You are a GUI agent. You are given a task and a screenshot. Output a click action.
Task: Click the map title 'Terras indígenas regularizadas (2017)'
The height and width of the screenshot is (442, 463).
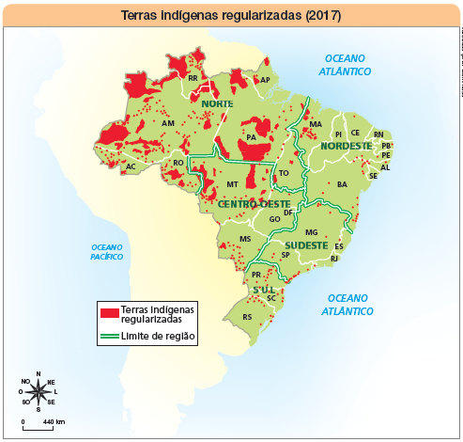tap(231, 16)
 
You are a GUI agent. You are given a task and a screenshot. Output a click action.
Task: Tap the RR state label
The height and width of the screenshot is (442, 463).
tap(193, 79)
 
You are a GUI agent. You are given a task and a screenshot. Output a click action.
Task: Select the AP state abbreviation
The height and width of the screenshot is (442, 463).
tap(265, 81)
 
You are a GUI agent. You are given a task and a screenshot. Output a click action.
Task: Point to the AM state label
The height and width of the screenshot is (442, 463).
tap(168, 123)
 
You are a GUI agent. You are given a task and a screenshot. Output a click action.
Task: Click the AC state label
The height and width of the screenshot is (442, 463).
tap(131, 166)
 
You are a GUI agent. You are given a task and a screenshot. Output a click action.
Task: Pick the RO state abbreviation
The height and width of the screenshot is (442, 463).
tap(177, 164)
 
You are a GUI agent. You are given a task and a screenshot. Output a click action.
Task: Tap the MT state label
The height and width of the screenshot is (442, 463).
tap(232, 185)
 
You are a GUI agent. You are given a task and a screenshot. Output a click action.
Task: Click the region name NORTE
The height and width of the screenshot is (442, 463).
tap(217, 103)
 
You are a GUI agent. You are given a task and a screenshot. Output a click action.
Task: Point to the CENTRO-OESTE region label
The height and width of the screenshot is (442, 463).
tap(254, 203)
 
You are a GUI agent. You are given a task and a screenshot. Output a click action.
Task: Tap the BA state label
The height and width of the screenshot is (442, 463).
tap(342, 184)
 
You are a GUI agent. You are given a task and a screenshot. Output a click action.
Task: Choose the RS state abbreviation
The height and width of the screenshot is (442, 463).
tap(247, 317)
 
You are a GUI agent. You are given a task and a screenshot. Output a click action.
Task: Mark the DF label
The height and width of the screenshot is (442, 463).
tap(288, 213)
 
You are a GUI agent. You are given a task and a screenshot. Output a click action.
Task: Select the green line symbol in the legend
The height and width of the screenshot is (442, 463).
tap(109, 336)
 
